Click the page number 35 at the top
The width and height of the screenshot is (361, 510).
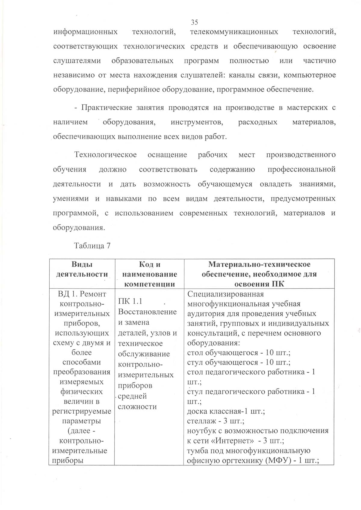coord(194,22)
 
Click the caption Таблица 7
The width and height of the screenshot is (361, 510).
coord(92,246)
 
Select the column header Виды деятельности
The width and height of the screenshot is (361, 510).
coord(82,269)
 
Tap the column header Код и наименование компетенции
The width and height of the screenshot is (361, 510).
coord(150,274)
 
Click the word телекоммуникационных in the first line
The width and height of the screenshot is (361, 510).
coord(234,32)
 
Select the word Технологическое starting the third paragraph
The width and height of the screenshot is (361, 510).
coord(106,155)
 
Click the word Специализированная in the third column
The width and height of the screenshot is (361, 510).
coord(225,294)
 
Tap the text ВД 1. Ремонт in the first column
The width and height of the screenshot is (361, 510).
coord(82,294)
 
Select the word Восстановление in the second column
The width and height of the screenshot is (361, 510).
coord(147,312)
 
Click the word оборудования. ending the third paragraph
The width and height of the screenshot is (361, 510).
coord(79,228)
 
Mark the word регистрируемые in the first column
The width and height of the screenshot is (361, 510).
coord(82,411)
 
